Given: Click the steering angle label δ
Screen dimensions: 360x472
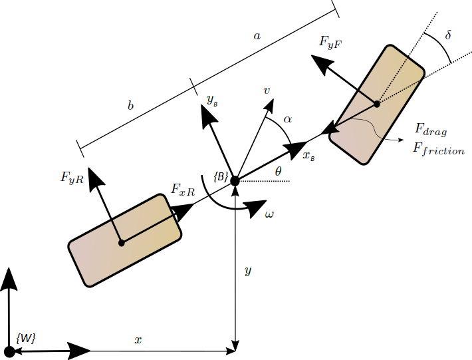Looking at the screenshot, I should (448, 35).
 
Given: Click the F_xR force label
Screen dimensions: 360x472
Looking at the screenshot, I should (183, 190).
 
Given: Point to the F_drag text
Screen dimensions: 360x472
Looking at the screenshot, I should (431, 128).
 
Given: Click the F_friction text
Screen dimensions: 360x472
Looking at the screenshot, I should (438, 150).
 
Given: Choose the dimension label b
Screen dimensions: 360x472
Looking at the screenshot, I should (131, 106).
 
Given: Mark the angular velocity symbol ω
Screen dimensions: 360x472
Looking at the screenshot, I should (269, 214).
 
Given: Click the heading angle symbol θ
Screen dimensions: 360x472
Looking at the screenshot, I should (278, 172).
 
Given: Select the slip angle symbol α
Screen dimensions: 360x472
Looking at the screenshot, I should (287, 118).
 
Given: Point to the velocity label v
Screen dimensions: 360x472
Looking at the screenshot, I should (267, 89).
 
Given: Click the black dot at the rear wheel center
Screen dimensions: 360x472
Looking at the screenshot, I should (121, 243).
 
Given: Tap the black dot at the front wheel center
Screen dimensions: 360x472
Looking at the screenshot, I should (376, 104).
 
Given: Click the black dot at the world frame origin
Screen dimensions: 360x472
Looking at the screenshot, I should (9, 351).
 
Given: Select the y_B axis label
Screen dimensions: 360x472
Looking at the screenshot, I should (212, 100).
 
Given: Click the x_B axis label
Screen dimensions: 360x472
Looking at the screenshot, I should (308, 156).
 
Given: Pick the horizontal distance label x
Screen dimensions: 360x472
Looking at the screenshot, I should (138, 340).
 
